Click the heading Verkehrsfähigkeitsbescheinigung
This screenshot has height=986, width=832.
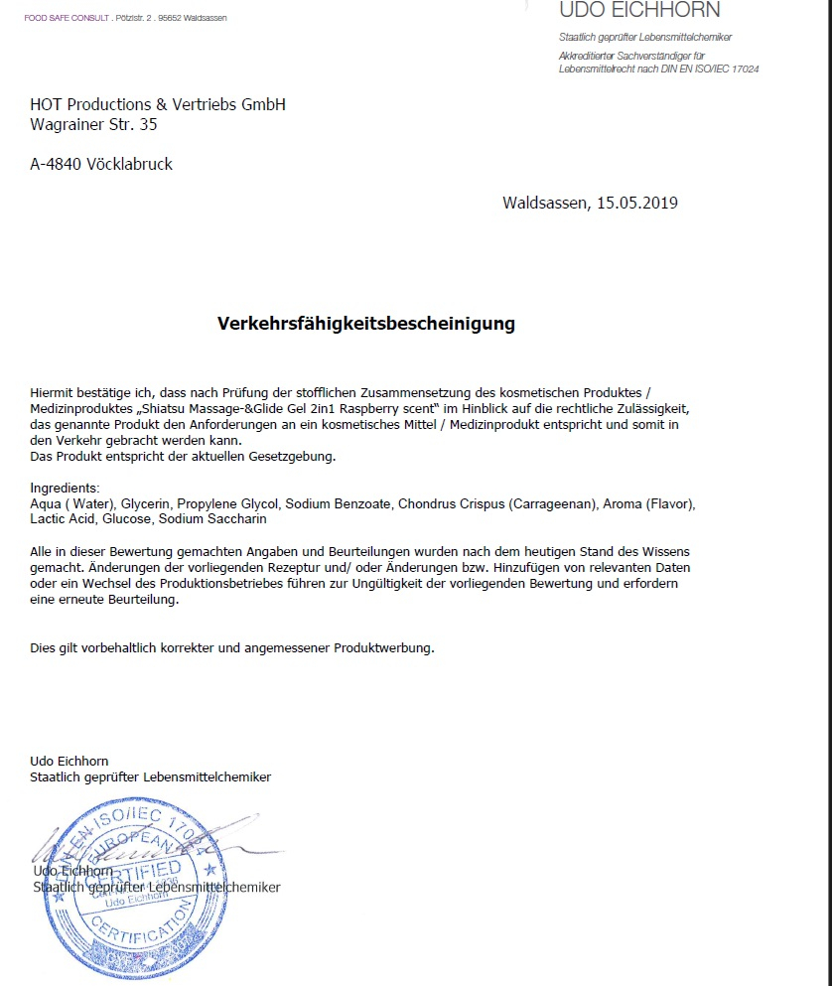tap(366, 324)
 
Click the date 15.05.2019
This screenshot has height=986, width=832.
tap(636, 203)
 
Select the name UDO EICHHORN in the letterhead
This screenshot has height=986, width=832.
tap(640, 11)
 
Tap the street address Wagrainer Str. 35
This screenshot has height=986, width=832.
tap(93, 125)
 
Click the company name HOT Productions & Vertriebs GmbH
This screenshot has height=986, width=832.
tap(158, 104)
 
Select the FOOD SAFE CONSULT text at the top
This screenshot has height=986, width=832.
tap(67, 18)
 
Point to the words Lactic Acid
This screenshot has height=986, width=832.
tap(63, 519)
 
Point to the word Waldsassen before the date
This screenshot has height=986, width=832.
tap(545, 203)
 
